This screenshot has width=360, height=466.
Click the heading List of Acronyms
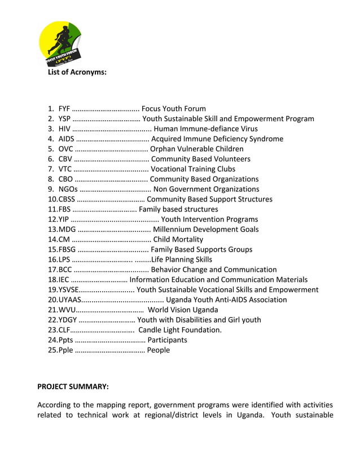(x=77, y=72)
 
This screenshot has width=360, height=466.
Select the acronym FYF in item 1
(x=64, y=108)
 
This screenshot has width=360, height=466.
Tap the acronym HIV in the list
(x=64, y=129)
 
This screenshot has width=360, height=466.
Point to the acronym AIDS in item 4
(x=66, y=139)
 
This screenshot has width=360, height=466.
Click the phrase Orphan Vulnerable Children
(x=197, y=149)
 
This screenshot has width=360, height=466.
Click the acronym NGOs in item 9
(x=68, y=189)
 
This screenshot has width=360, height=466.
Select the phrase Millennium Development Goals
(x=205, y=229)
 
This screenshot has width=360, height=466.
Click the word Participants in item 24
(x=167, y=340)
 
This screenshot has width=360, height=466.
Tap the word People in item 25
(x=158, y=350)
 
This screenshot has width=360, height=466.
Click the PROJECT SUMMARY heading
(x=73, y=386)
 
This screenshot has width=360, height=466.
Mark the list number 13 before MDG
(x=53, y=229)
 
